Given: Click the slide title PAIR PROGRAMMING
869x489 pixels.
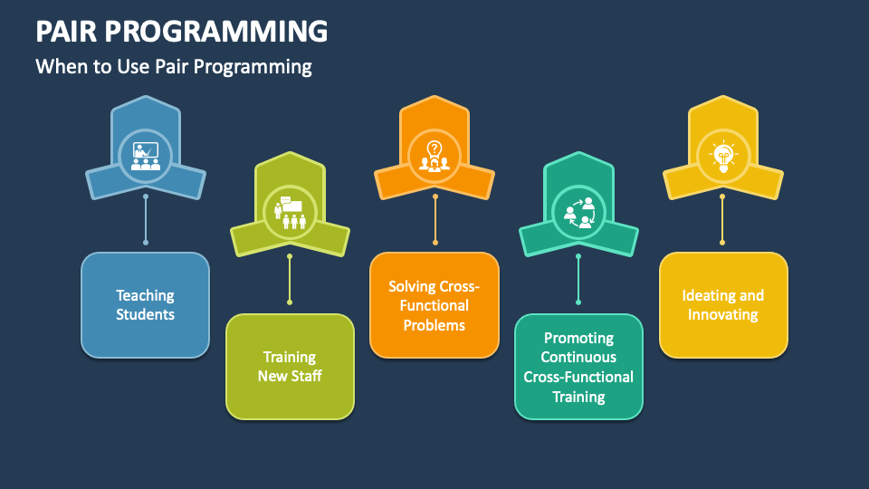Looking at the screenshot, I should (x=181, y=31).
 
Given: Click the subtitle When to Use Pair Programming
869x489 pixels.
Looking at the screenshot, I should (x=174, y=66).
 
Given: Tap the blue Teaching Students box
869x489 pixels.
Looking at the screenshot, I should (x=145, y=304).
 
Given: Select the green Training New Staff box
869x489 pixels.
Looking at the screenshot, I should (x=290, y=366).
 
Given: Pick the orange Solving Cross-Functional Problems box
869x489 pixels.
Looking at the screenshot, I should (x=434, y=304).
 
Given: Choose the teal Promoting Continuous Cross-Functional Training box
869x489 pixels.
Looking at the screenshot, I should (x=578, y=366).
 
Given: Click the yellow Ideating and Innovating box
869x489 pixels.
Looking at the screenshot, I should (x=722, y=304).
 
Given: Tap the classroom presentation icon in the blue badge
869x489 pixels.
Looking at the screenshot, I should (x=145, y=156).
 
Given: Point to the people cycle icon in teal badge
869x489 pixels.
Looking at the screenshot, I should (x=578, y=212).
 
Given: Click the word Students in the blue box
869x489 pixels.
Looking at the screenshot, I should (x=145, y=315).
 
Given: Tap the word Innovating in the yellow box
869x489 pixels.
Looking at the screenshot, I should (x=722, y=315).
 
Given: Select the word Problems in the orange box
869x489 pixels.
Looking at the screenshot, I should (x=434, y=325).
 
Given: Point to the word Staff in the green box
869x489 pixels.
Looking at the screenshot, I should (x=305, y=376).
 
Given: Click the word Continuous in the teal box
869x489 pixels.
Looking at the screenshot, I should (x=578, y=357).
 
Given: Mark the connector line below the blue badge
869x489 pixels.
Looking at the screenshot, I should (x=145, y=217).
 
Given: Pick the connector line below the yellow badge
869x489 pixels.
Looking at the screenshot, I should (x=722, y=217).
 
